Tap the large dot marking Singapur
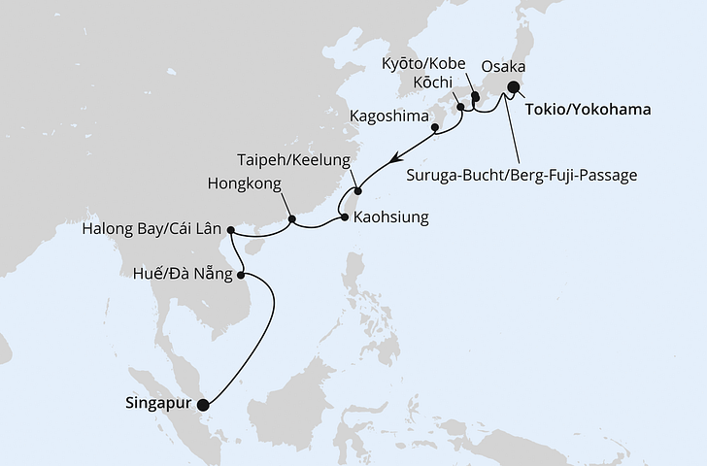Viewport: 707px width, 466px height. (203, 406)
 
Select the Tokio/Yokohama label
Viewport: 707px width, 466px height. (588, 110)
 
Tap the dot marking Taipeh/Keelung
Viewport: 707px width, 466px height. (357, 191)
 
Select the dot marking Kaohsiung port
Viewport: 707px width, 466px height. (345, 217)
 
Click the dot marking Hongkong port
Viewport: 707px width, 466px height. (292, 218)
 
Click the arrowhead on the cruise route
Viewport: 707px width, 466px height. (393, 158)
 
